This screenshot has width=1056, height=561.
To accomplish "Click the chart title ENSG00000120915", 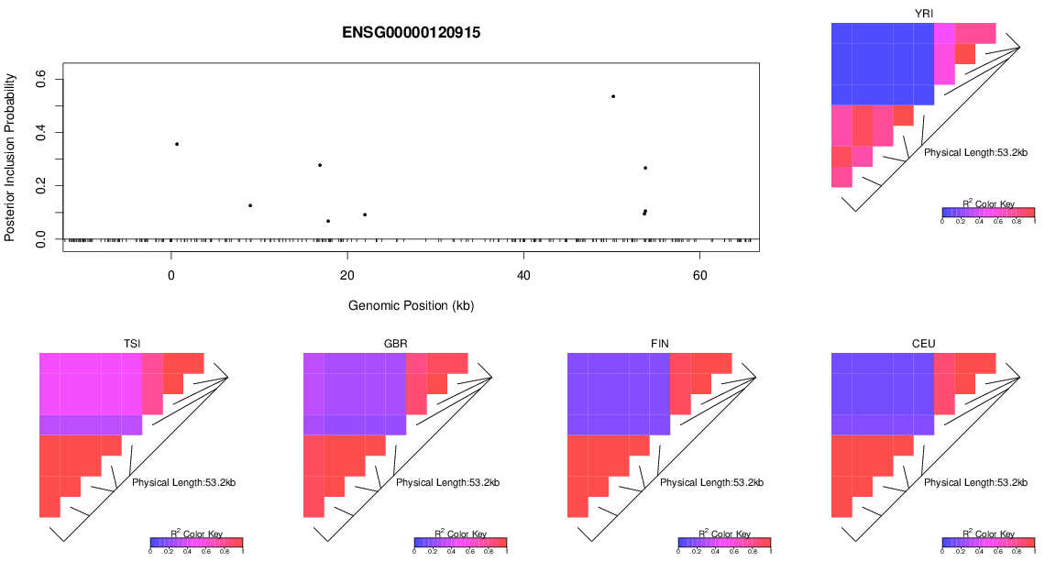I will pyautogui.click(x=412, y=32).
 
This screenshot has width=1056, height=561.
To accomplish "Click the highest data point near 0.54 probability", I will pyautogui.click(x=613, y=96).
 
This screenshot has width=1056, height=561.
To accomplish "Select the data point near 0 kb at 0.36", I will pyautogui.click(x=177, y=144).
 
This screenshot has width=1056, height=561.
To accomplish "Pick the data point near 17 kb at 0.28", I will pyautogui.click(x=320, y=165).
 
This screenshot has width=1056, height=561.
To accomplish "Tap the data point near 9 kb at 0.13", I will pyautogui.click(x=250, y=205).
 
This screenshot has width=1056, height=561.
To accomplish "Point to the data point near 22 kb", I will pyautogui.click(x=365, y=214).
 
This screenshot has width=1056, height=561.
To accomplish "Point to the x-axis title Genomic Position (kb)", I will pyautogui.click(x=412, y=305).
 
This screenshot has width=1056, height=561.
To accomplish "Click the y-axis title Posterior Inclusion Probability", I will pyautogui.click(x=10, y=157).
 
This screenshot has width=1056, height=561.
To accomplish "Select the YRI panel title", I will pyautogui.click(x=924, y=13).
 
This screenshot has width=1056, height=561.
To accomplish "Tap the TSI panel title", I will pyautogui.click(x=132, y=344).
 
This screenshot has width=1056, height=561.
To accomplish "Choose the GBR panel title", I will pyautogui.click(x=396, y=344).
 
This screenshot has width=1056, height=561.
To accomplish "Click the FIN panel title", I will pyautogui.click(x=660, y=344).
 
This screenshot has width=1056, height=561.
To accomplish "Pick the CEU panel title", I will pyautogui.click(x=924, y=344).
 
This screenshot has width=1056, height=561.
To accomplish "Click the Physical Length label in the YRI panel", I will pyautogui.click(x=975, y=152).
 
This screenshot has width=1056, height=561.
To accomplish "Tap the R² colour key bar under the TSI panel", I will pyautogui.click(x=196, y=542).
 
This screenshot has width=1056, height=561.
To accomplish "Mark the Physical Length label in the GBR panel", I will pyautogui.click(x=447, y=482).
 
